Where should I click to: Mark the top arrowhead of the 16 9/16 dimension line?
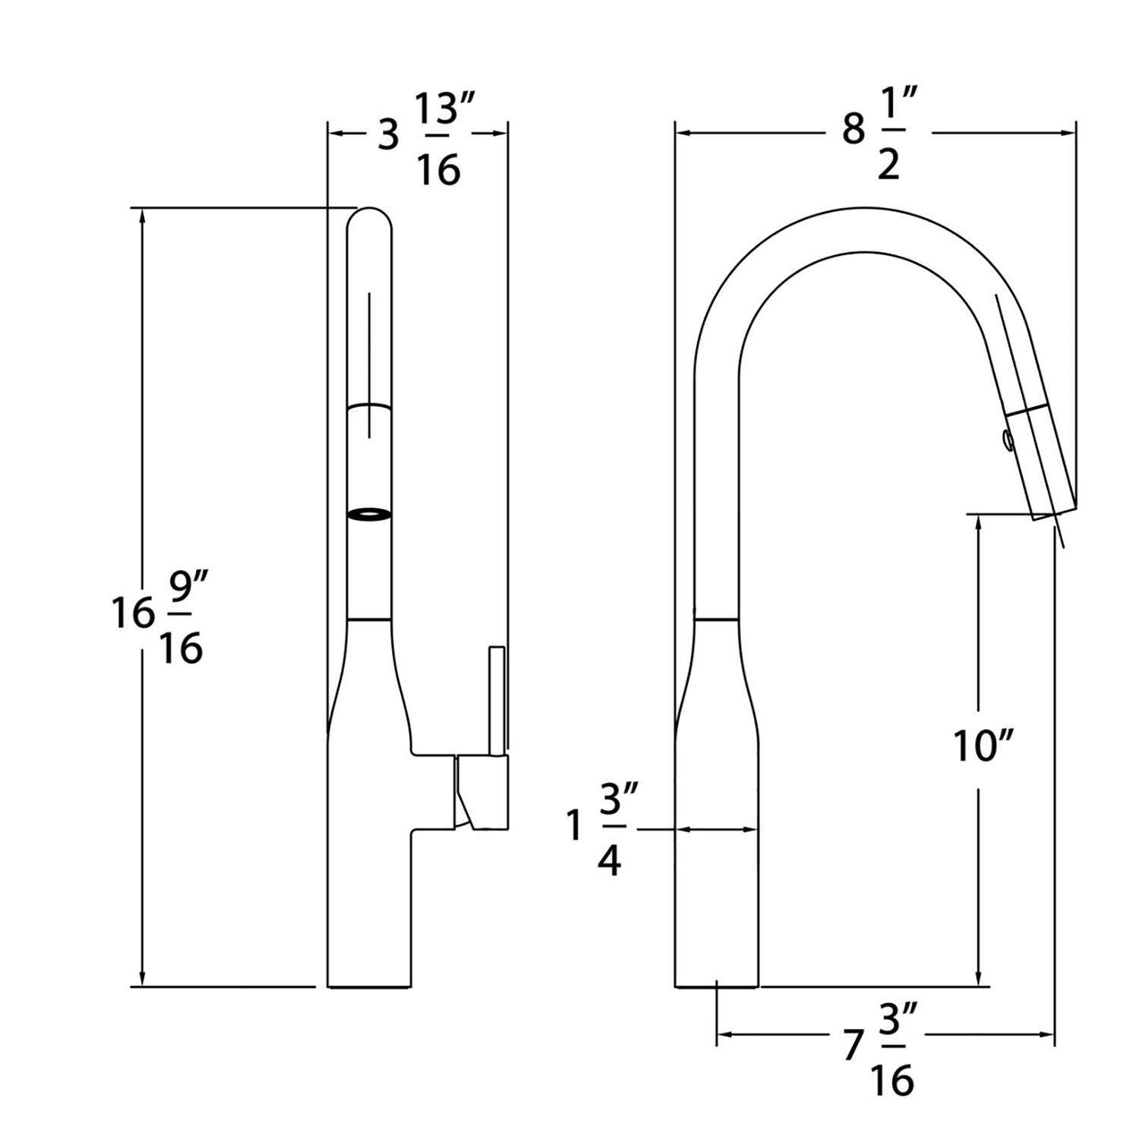(141, 216)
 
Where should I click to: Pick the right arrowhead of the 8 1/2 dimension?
(1068, 134)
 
